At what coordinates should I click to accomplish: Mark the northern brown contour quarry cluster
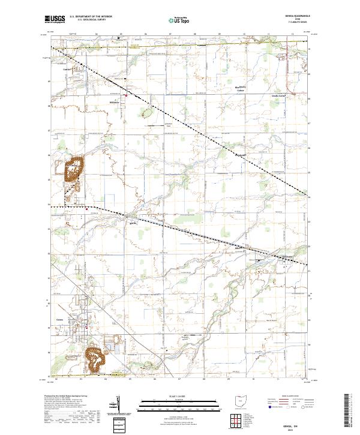click(74, 169)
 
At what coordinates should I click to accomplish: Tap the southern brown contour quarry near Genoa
click(95, 357)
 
